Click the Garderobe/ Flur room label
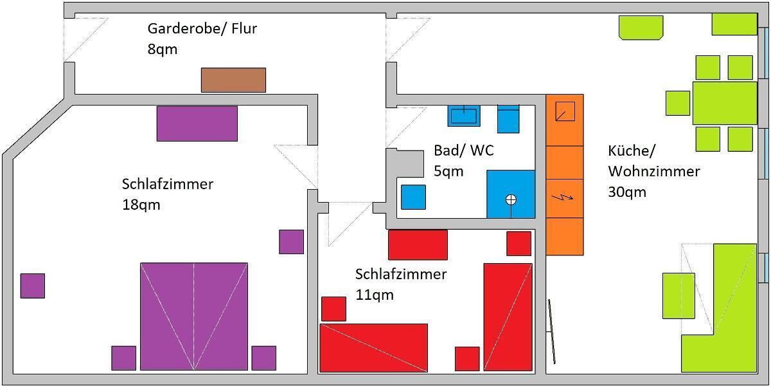pos(202,29)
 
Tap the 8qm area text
pos(163,49)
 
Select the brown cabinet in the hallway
pos(233,80)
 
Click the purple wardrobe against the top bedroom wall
pos(197,124)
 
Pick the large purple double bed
pos(194,316)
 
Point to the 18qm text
pos(141,205)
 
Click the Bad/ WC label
pos(464,151)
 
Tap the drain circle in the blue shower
pos(511,199)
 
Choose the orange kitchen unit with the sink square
pos(565,120)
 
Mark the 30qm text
pos(626,192)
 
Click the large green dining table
pos(724,103)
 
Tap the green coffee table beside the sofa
pos(678,295)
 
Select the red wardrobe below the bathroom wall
pos(418,244)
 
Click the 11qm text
pos(374,295)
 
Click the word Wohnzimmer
pos(653,172)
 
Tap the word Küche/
pos(631,151)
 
